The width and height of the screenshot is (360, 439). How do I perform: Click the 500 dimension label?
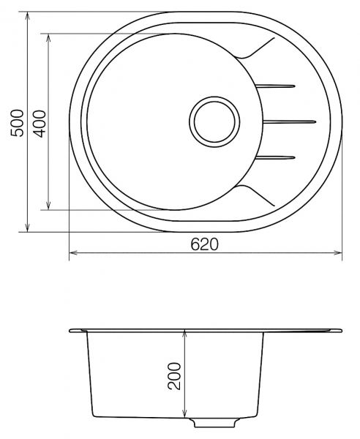pos(17,123)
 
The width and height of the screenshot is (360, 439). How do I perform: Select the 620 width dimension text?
pos(204,244)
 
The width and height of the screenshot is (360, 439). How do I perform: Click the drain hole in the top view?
pos(214,121)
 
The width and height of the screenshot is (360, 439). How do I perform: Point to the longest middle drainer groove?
pos(290,121)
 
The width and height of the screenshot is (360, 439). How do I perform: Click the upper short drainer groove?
pos(275,86)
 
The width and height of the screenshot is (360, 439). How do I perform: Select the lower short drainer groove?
pos(275,157)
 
